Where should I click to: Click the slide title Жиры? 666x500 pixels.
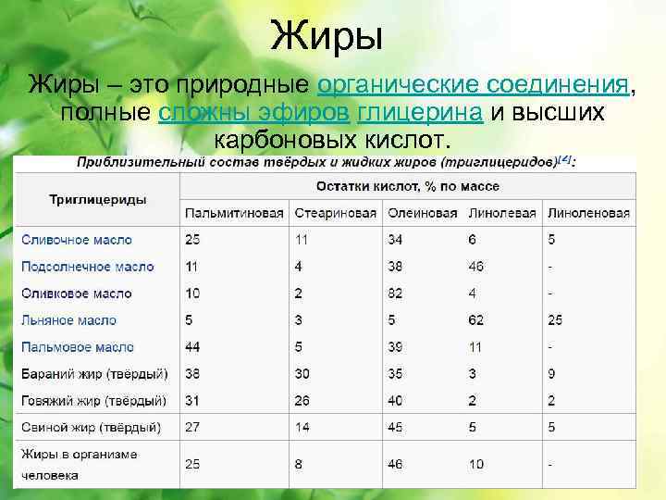(x=328, y=37)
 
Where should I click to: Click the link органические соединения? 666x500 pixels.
(x=473, y=85)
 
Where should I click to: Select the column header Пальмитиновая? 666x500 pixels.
(x=234, y=213)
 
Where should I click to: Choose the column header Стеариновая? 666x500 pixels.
(x=335, y=213)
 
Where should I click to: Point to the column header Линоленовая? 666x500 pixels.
(x=588, y=213)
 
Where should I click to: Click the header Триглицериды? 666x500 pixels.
(x=97, y=199)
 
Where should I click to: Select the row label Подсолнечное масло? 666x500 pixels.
(x=88, y=267)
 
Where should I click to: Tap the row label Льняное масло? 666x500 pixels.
(x=69, y=320)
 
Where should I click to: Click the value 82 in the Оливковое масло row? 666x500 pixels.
(x=396, y=294)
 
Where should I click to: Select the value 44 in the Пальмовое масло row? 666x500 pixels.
(x=193, y=347)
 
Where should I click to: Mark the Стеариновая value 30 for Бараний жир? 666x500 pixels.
(x=302, y=374)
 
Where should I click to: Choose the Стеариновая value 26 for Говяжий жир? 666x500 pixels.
(x=302, y=401)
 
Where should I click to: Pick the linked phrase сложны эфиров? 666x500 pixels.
(x=253, y=113)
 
